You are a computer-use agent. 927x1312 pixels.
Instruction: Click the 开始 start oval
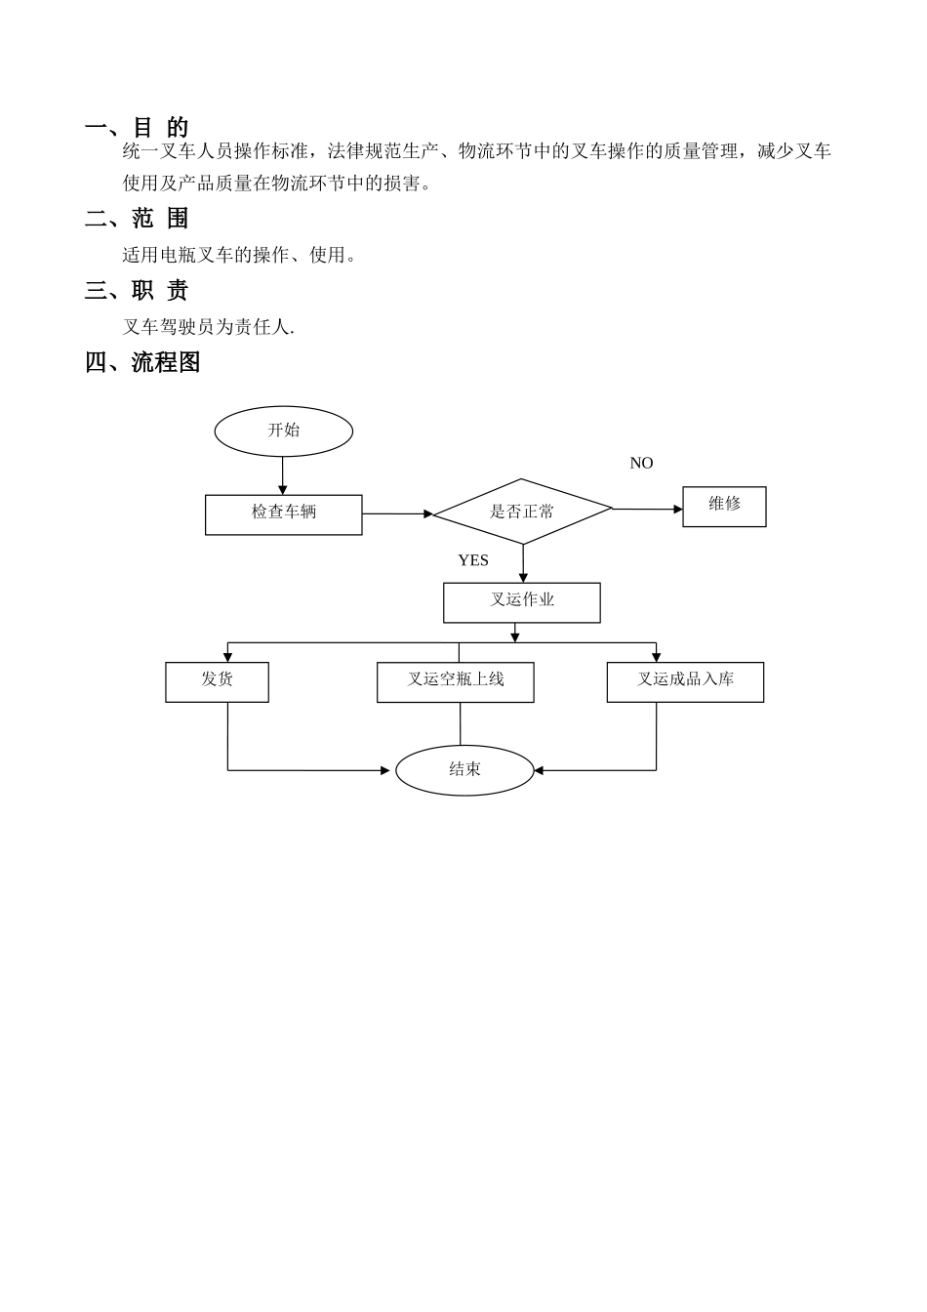click(x=283, y=431)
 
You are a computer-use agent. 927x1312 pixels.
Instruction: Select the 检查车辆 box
click(x=283, y=514)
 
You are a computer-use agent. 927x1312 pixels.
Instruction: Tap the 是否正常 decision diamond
click(x=522, y=512)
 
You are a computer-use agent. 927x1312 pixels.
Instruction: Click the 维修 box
click(x=724, y=507)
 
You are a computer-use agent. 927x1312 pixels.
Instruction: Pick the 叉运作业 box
click(x=521, y=602)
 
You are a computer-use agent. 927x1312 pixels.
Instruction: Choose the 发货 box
click(x=217, y=681)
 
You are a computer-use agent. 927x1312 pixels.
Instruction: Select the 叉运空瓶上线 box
click(x=455, y=681)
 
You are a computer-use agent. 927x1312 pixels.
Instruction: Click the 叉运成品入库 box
click(x=685, y=681)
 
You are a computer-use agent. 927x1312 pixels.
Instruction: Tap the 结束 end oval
click(x=464, y=770)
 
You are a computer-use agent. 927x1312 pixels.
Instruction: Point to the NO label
click(x=641, y=463)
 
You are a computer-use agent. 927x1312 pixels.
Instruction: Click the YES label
click(x=473, y=560)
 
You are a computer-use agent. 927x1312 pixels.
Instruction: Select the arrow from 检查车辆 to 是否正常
click(x=397, y=513)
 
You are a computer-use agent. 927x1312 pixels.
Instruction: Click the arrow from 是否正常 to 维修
click(x=647, y=509)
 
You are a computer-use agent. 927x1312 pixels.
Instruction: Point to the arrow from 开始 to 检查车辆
click(x=283, y=475)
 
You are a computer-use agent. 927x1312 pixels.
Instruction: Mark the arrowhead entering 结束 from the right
click(x=539, y=770)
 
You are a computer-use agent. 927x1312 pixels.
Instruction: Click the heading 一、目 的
click(x=137, y=127)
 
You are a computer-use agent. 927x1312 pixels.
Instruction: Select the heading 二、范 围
click(x=137, y=219)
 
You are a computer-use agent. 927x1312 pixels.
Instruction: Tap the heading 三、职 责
click(x=137, y=290)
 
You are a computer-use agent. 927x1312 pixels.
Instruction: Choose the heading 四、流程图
click(x=142, y=362)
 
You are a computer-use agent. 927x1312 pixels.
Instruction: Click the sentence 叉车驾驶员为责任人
click(x=208, y=327)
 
